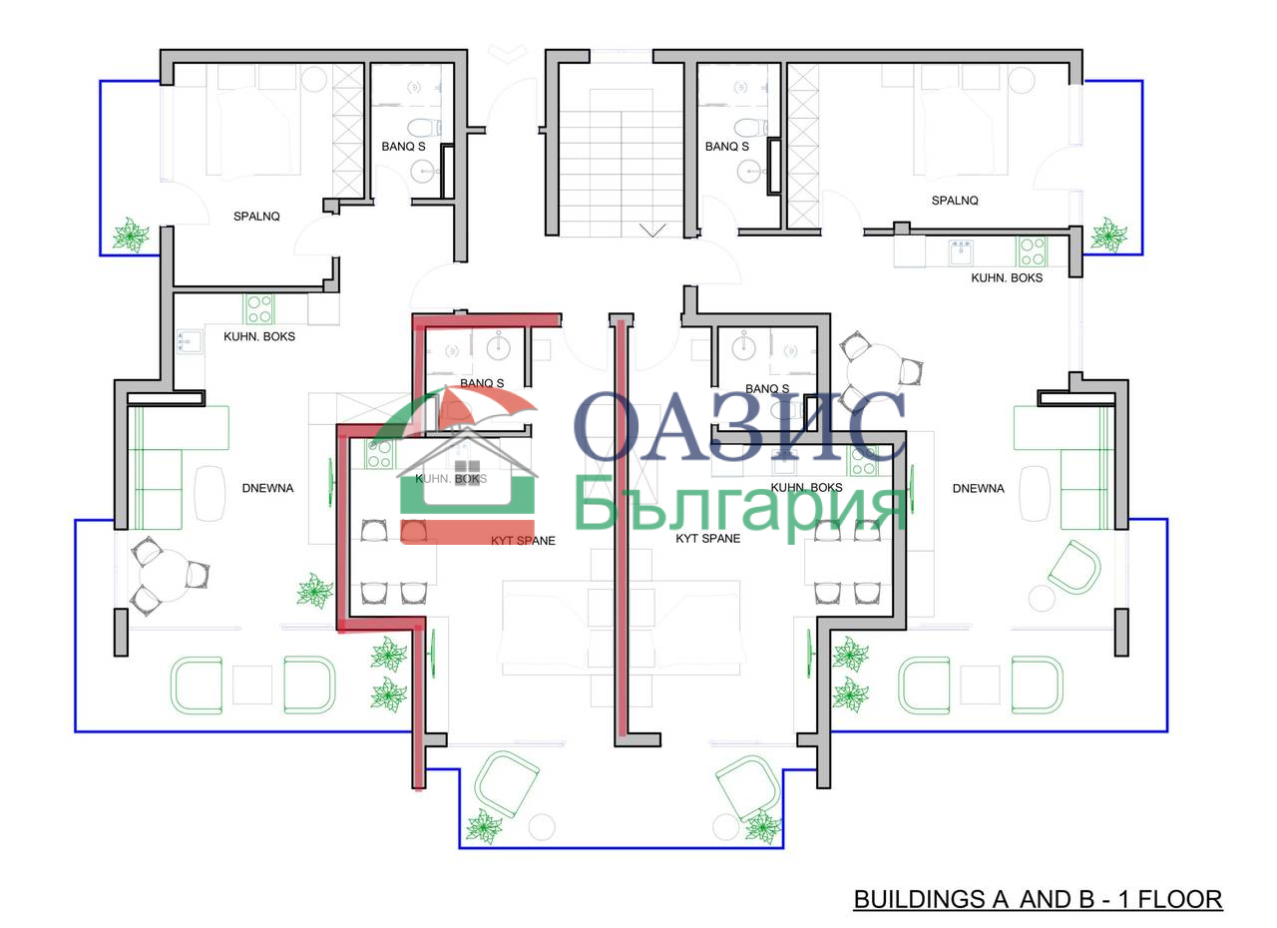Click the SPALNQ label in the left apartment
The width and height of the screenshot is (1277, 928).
pyautogui.click(x=256, y=217)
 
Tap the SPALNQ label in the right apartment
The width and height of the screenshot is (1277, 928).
pyautogui.click(x=955, y=201)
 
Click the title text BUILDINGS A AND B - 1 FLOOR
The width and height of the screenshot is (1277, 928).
pyautogui.click(x=1038, y=899)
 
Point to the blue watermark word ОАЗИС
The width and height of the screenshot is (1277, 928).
pyautogui.click(x=739, y=426)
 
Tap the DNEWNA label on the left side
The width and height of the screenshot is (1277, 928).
pyautogui.click(x=268, y=489)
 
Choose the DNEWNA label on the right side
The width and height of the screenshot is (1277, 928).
pyautogui.click(x=979, y=489)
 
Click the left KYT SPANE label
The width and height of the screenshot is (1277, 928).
pyautogui.click(x=523, y=541)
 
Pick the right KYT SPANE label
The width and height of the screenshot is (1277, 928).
pyautogui.click(x=708, y=539)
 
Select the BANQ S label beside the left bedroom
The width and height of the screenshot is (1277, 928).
pyautogui.click(x=404, y=147)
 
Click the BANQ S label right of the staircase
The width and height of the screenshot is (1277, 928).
pyautogui.click(x=727, y=147)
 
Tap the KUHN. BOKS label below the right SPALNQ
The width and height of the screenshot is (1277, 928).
pyautogui.click(x=1007, y=278)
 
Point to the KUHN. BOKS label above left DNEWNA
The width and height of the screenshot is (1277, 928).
pyautogui.click(x=259, y=337)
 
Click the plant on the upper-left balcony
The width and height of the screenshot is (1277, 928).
pyautogui.click(x=131, y=234)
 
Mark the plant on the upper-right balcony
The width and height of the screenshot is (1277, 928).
pyautogui.click(x=1108, y=234)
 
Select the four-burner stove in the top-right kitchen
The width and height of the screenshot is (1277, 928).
pyautogui.click(x=1032, y=251)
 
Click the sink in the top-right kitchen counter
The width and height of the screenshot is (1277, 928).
pyautogui.click(x=961, y=252)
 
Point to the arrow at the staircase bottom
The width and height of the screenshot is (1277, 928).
pyautogui.click(x=652, y=231)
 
